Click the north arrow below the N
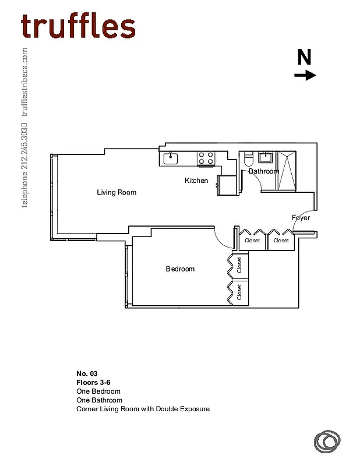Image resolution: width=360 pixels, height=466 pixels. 305,75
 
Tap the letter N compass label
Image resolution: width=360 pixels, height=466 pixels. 304,57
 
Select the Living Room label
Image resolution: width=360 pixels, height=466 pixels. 117,192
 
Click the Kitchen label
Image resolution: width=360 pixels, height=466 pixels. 196,181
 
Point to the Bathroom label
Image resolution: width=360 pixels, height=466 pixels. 264,171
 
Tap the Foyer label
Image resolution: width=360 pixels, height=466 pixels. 301,218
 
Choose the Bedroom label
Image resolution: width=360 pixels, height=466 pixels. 180,269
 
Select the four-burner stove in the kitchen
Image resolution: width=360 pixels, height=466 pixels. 205,158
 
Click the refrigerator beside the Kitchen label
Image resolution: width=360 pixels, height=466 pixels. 227,185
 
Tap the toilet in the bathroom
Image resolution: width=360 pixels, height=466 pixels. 248,158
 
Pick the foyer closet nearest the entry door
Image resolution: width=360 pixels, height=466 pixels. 281,240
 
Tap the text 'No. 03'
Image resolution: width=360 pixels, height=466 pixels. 86,373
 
